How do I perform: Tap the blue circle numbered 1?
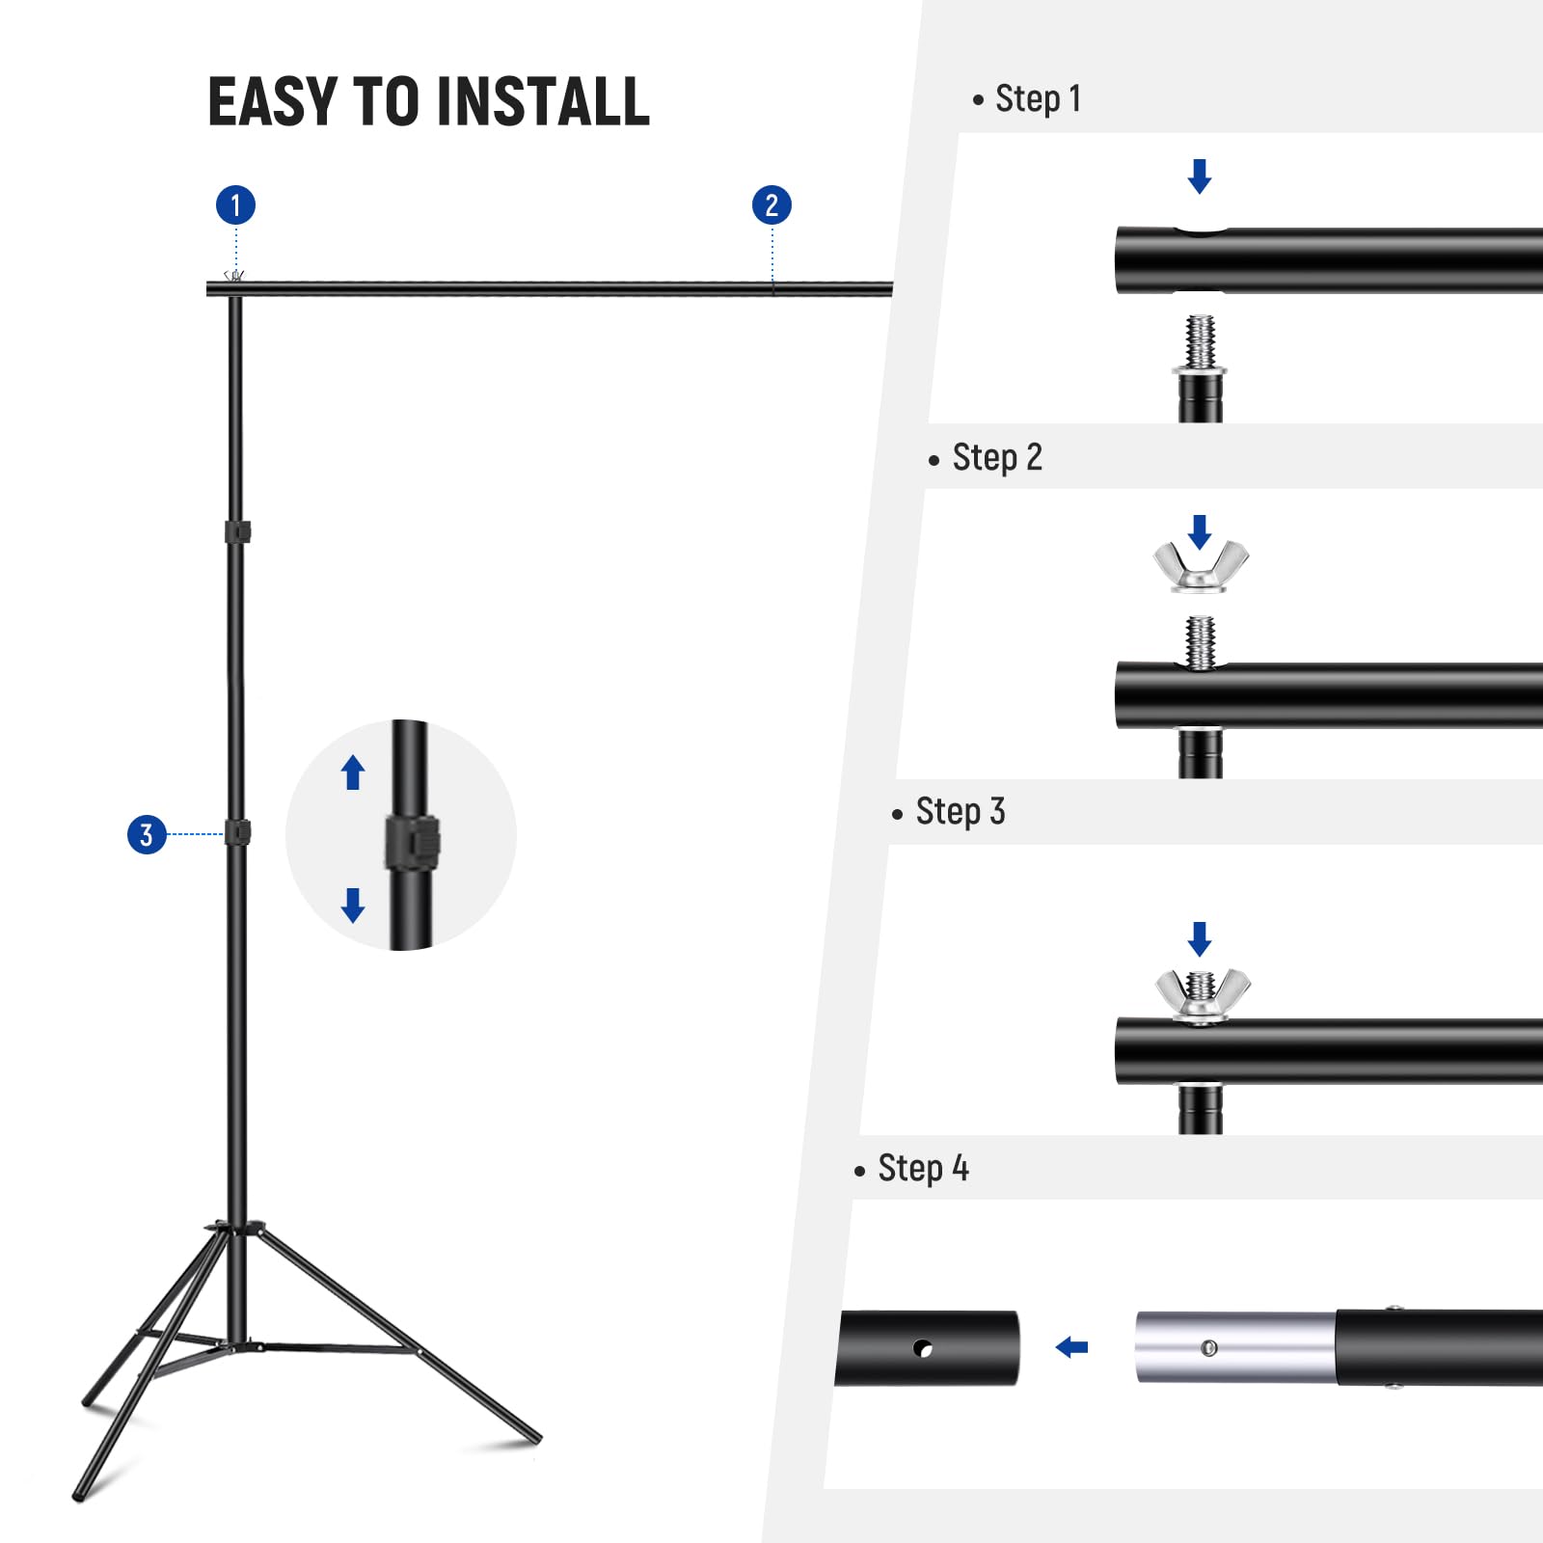235,205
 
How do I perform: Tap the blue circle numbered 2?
771,205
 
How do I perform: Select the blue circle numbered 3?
147,834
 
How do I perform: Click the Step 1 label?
1038,99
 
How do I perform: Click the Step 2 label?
996,457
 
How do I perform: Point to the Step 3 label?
960,812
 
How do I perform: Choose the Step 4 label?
922,1169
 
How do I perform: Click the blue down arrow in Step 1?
1200,176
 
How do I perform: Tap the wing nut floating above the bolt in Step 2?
1201,567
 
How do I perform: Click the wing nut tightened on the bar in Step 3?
1202,993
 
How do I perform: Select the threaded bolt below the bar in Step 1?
1201,343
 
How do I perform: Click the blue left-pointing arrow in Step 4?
1071,1347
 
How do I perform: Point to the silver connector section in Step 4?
1234,1347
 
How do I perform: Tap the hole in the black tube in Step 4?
923,1348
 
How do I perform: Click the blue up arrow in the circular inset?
353,772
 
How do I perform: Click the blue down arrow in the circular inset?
353,905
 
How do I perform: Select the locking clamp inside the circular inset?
413,843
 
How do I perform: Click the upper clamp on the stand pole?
237,531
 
